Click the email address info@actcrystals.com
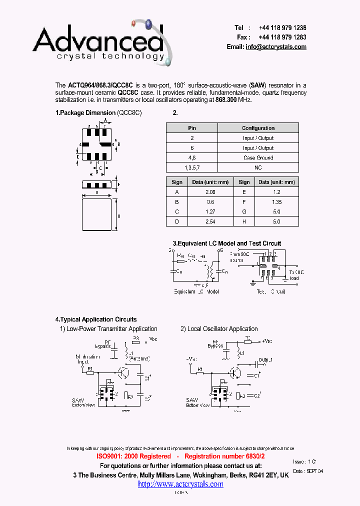click(276, 46)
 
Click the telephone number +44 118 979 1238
click(282, 28)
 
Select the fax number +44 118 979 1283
click(282, 37)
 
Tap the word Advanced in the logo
click(98, 41)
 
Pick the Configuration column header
click(258, 128)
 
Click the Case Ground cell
click(258, 157)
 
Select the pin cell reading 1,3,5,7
click(192, 167)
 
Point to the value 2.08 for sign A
click(210, 192)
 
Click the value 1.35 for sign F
click(276, 202)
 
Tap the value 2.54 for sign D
click(210, 221)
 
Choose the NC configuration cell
click(258, 167)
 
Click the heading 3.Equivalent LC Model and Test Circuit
click(227, 243)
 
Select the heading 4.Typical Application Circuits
click(96, 319)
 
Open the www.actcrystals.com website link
click(180, 484)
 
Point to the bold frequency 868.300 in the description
click(226, 99)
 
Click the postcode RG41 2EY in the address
click(260, 475)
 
